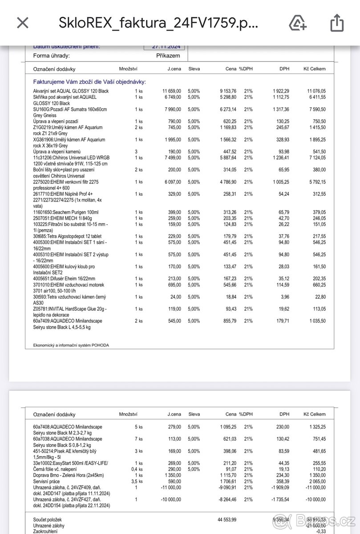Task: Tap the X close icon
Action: coord(22,23)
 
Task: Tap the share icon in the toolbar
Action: coord(337,23)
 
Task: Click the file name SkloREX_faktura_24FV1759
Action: coord(158,23)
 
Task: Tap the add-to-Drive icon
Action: coord(297,23)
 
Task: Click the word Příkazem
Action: coord(168,56)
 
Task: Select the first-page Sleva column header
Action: coord(194,69)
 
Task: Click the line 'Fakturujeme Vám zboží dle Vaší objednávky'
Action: coord(89,82)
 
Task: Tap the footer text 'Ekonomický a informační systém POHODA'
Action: coord(71,345)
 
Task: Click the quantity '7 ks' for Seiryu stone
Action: coord(139,439)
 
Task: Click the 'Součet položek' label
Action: coord(47,519)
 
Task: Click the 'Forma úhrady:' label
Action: coord(52,56)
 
